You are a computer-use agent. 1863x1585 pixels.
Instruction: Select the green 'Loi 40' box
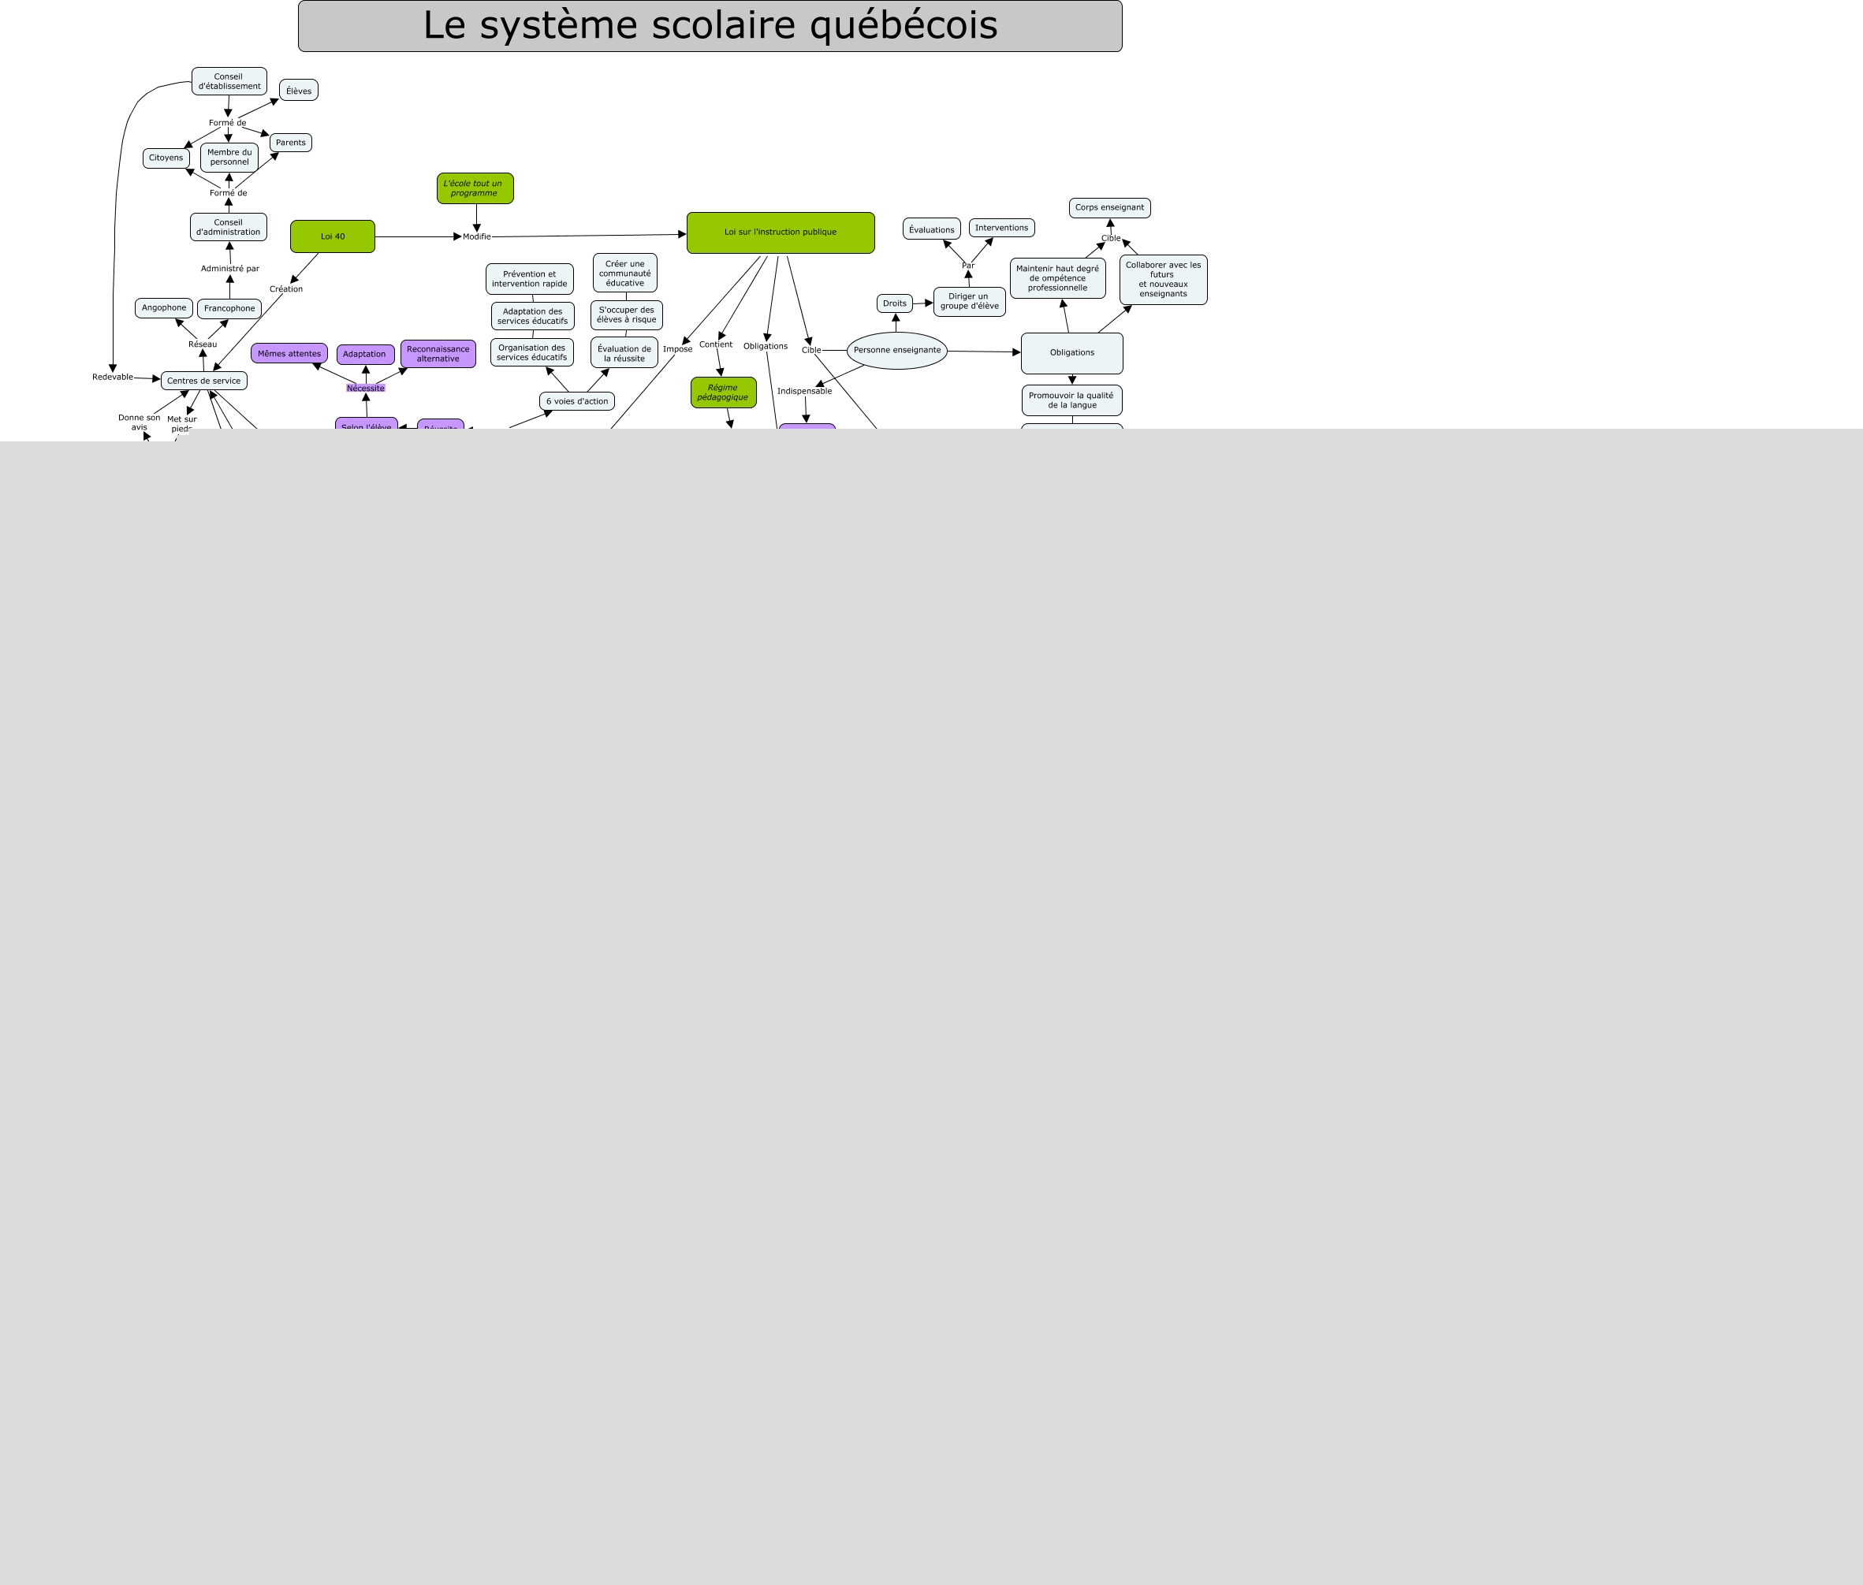coord(333,236)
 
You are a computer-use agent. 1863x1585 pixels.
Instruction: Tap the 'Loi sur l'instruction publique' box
coord(780,233)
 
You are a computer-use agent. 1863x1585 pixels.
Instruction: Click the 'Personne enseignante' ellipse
coord(897,351)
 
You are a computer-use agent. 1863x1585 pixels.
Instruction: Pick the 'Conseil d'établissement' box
coord(229,82)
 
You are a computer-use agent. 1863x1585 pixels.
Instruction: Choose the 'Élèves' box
coord(298,91)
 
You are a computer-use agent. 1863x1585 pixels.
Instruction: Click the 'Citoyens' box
coord(166,158)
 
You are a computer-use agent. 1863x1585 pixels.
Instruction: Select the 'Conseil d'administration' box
coord(229,227)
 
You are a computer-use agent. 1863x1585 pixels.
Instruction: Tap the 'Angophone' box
coord(163,308)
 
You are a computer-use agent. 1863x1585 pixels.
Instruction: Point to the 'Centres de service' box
coord(204,381)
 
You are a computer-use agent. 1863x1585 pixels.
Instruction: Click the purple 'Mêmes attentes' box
coord(289,354)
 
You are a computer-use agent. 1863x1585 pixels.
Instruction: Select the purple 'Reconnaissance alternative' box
coord(438,354)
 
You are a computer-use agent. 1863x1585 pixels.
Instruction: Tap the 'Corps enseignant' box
coord(1109,207)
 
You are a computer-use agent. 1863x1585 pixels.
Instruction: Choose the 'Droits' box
coord(894,303)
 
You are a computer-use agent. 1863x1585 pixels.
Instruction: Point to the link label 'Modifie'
coord(476,237)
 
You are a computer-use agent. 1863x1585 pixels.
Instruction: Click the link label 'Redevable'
coord(112,378)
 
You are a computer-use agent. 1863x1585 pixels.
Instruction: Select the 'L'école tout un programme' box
coord(475,188)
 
